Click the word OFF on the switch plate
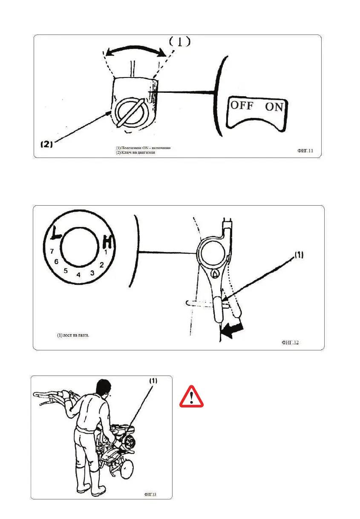242,105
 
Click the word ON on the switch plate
274,106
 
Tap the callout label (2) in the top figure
46,144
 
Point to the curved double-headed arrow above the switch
136,50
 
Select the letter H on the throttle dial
108,243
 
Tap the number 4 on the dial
78,275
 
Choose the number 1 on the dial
106,252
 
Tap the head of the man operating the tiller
102,388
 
